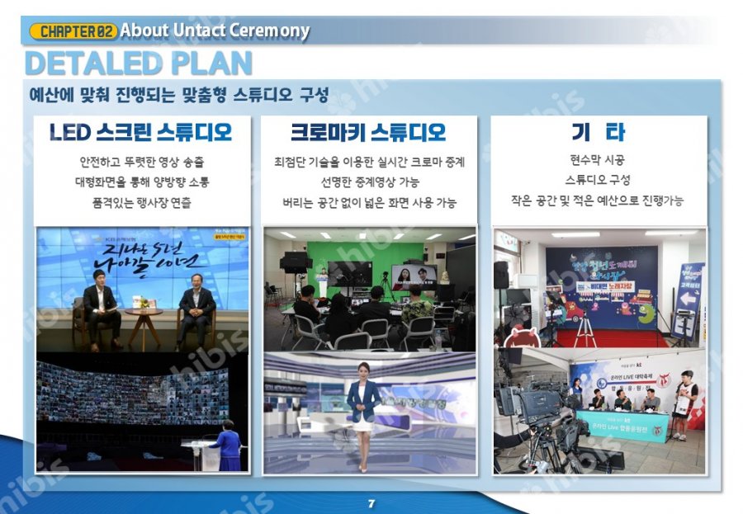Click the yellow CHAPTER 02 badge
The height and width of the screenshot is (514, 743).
click(x=73, y=31)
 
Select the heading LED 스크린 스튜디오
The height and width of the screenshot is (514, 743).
click(x=140, y=132)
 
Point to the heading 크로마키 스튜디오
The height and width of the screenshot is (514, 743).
click(x=368, y=132)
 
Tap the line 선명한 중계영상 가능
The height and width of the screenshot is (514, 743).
click(x=369, y=182)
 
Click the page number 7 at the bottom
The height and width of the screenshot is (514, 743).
click(x=371, y=503)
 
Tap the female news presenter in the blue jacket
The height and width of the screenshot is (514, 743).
click(x=362, y=413)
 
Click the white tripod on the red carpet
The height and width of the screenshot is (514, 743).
click(x=584, y=328)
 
